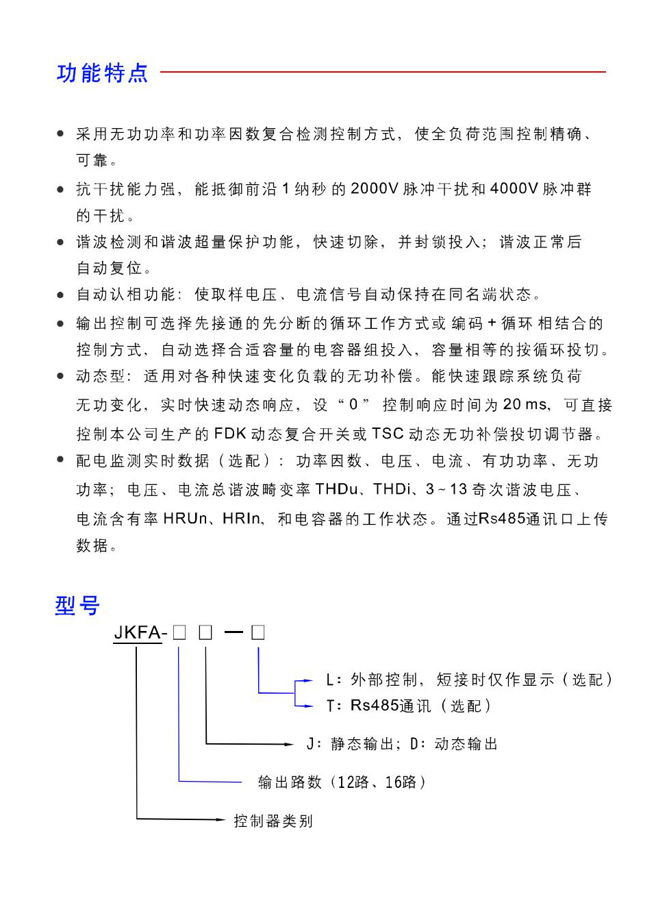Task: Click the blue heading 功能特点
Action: pos(102,73)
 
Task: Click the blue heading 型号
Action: pos(77,606)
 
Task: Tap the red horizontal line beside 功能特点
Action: pos(383,71)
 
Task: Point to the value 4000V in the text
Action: pos(514,189)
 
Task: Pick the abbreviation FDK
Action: pos(230,434)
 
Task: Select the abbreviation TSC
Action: pos(388,434)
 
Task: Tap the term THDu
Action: pos(337,489)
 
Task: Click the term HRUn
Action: pos(185,519)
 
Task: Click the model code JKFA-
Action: pos(140,633)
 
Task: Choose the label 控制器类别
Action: pos(273,821)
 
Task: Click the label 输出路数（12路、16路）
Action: pos(342,782)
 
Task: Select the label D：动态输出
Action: pos(454,744)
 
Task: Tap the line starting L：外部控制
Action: pos(469,680)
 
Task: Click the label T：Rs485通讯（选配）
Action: pos(409,706)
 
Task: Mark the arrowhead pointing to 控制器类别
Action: pos(220,819)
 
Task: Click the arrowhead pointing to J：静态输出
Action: pos(289,744)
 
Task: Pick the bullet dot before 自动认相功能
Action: pos(61,295)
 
